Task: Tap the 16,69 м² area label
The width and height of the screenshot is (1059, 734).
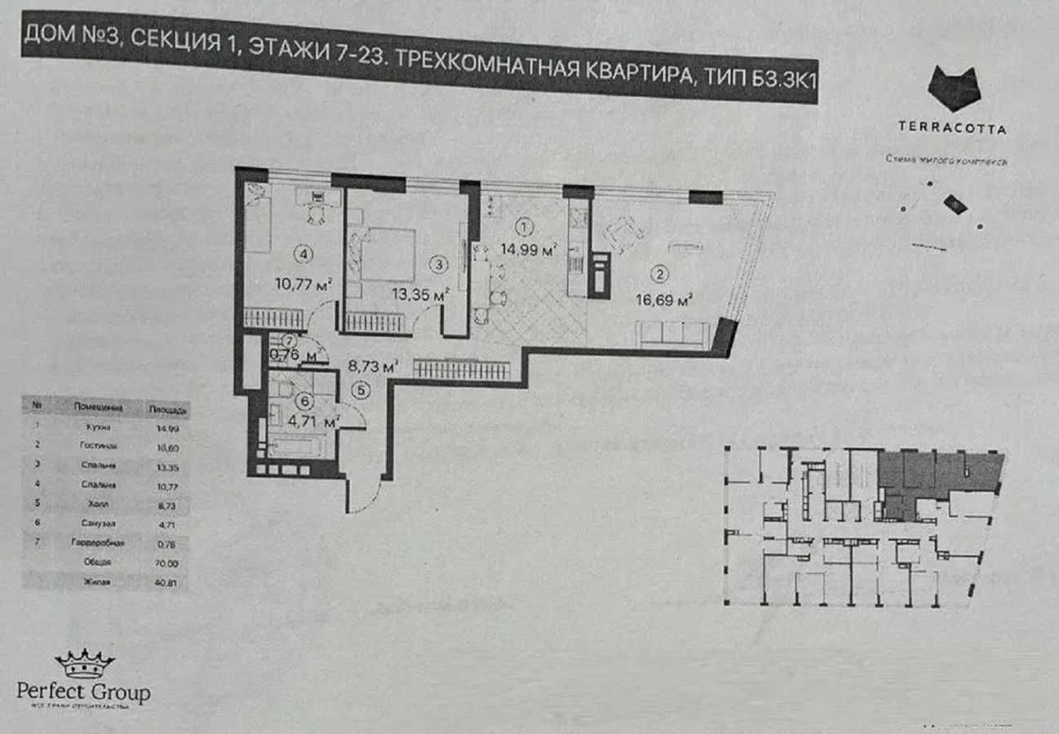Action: (x=664, y=299)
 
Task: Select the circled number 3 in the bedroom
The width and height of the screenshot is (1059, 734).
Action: (x=439, y=263)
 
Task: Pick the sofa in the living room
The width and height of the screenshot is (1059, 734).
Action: (x=673, y=334)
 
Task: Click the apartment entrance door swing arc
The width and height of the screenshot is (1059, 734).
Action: (x=365, y=493)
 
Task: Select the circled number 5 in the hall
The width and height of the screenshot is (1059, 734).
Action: (x=361, y=391)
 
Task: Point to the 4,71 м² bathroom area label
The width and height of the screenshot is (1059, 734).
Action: (x=318, y=422)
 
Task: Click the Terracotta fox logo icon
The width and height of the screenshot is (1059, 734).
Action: (x=954, y=88)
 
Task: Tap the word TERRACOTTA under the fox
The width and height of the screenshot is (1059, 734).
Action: (x=951, y=128)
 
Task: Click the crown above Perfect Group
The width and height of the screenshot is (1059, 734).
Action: (x=84, y=663)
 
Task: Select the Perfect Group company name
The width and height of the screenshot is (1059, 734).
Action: (x=83, y=692)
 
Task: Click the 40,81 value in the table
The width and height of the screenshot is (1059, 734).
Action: (x=170, y=582)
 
